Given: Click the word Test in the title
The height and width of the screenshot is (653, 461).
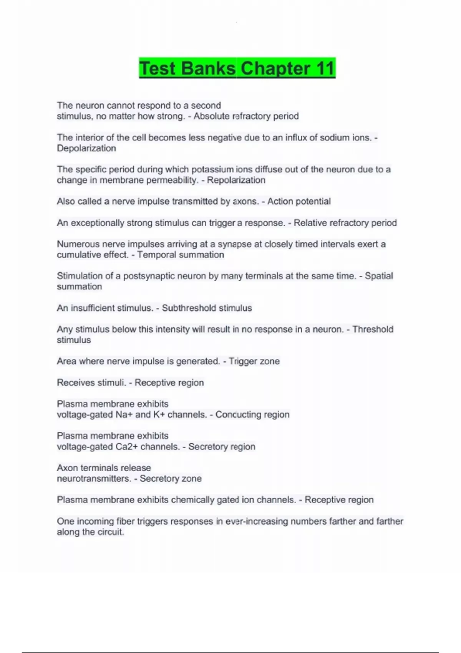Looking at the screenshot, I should pyautogui.click(x=158, y=68).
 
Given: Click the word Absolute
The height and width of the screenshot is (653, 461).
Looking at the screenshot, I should pyautogui.click(x=211, y=116).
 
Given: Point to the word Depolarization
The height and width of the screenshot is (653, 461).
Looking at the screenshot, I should pyautogui.click(x=86, y=148).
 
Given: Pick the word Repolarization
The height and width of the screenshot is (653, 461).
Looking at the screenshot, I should pyautogui.click(x=236, y=180).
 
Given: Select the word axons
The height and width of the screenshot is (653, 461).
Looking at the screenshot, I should pyautogui.click(x=246, y=202).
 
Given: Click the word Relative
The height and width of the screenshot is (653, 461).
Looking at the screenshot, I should pyautogui.click(x=310, y=223).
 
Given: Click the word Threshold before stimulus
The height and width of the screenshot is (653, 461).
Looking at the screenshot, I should pyautogui.click(x=373, y=329).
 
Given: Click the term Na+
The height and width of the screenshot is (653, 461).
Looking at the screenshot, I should pyautogui.click(x=124, y=414).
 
